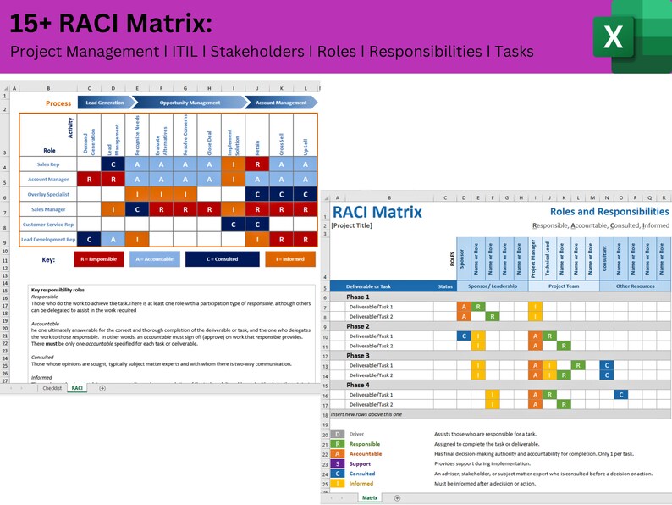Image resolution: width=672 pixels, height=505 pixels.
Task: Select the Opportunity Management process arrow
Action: pyautogui.click(x=185, y=103)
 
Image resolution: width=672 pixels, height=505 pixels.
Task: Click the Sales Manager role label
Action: pyautogui.click(x=48, y=208)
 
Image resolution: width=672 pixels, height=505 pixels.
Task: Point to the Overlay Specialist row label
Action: pyautogui.click(x=48, y=194)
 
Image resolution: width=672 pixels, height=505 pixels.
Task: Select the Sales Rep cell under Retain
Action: pyautogui.click(x=257, y=164)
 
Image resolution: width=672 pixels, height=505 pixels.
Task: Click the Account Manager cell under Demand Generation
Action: pyautogui.click(x=90, y=179)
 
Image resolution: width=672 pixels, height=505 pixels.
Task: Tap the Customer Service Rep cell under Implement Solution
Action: pyautogui.click(x=234, y=224)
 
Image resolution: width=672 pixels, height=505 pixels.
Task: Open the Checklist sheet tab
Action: pyautogui.click(x=52, y=387)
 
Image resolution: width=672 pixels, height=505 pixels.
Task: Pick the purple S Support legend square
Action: pyautogui.click(x=339, y=463)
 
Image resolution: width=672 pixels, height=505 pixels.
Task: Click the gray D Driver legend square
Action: pyautogui.click(x=339, y=434)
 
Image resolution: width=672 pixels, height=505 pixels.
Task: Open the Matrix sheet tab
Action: pyautogui.click(x=370, y=498)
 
